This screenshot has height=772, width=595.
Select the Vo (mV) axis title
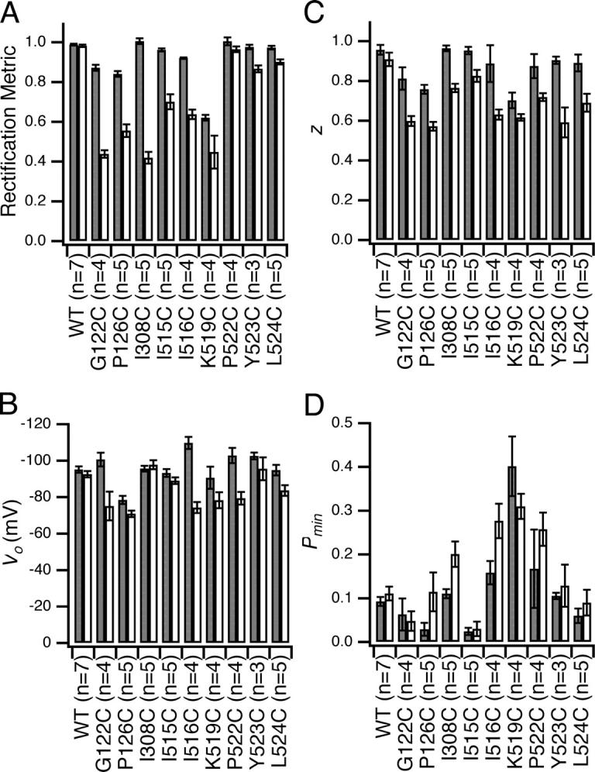[x=15, y=536]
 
